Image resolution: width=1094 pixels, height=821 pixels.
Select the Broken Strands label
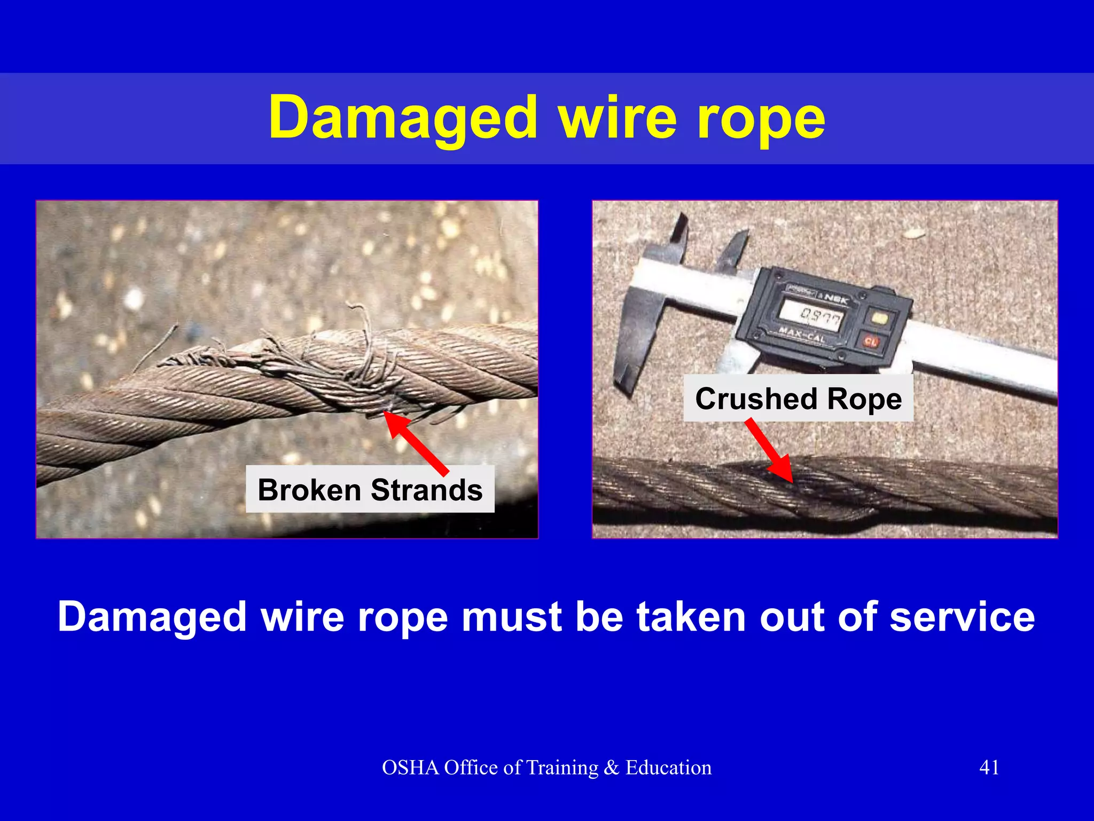[370, 490]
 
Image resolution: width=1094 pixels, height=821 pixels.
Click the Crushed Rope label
[798, 399]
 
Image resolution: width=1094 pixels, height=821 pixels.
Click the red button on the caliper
[871, 340]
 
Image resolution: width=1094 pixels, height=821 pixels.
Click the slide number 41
[989, 768]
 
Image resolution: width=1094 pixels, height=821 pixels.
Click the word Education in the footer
[668, 768]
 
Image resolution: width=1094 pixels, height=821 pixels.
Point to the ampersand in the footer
[611, 768]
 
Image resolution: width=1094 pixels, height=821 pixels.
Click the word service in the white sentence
[962, 617]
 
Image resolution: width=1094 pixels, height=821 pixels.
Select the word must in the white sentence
[512, 617]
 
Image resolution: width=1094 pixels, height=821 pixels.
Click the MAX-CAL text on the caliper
[801, 336]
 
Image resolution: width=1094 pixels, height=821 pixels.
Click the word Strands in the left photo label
[426, 490]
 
